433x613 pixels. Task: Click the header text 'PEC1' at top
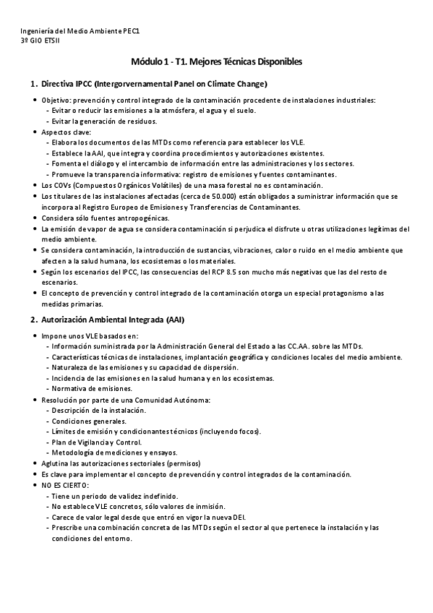coord(131,32)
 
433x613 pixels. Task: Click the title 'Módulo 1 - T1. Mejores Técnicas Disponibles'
coord(217,62)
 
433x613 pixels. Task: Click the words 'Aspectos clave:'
coord(66,132)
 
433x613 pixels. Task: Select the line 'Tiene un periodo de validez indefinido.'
coord(114,496)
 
